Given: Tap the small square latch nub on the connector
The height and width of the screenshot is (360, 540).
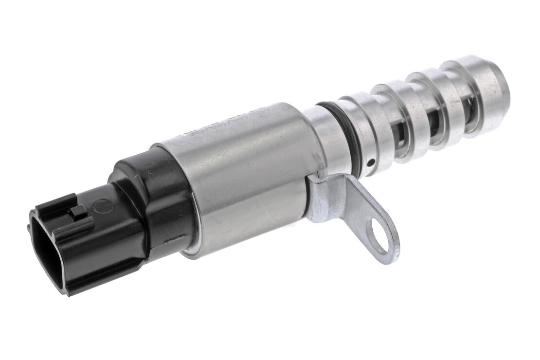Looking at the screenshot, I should point(78,211).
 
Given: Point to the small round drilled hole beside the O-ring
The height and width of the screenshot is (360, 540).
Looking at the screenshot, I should point(371,162).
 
